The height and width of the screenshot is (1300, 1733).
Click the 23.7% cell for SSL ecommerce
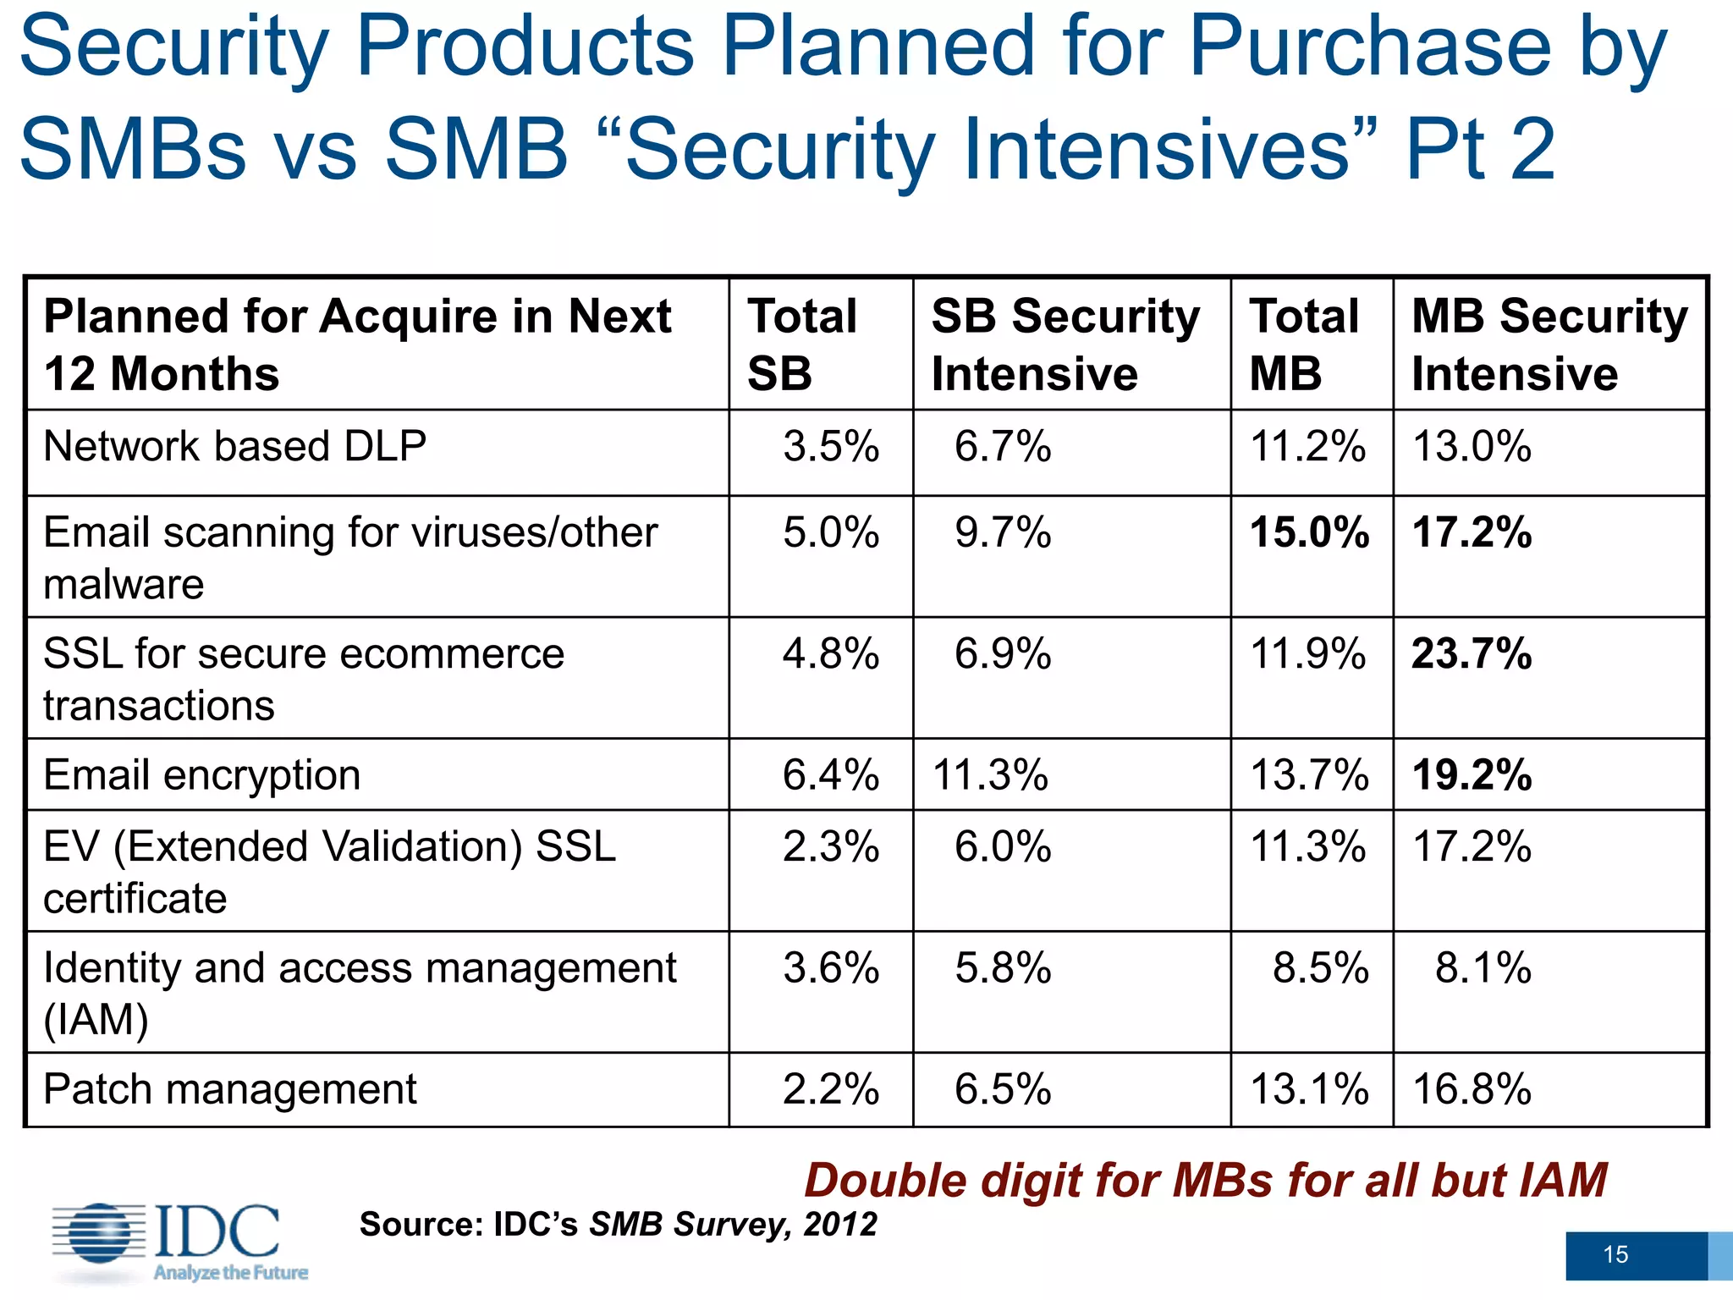click(1472, 654)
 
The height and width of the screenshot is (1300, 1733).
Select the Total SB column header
click(801, 344)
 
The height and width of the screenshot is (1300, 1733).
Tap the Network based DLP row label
click(234, 446)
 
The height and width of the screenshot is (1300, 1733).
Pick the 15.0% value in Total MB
click(1309, 533)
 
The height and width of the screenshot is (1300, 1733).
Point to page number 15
click(1615, 1254)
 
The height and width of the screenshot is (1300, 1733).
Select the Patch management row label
click(229, 1089)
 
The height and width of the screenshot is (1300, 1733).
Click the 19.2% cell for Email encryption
click(1472, 775)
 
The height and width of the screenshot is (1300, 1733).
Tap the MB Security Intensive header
click(1549, 344)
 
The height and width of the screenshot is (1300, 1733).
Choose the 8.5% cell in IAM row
click(1320, 968)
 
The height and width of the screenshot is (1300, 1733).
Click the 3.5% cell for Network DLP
click(830, 446)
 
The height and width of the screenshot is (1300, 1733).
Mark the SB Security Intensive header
click(1065, 344)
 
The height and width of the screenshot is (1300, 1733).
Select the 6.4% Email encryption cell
click(830, 775)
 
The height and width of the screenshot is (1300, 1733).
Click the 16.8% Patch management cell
click(1472, 1089)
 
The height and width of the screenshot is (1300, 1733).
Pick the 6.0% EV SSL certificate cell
click(1003, 847)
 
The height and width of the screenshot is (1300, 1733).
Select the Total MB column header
click(1303, 344)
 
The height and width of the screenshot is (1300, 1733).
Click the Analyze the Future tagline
click(230, 1273)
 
